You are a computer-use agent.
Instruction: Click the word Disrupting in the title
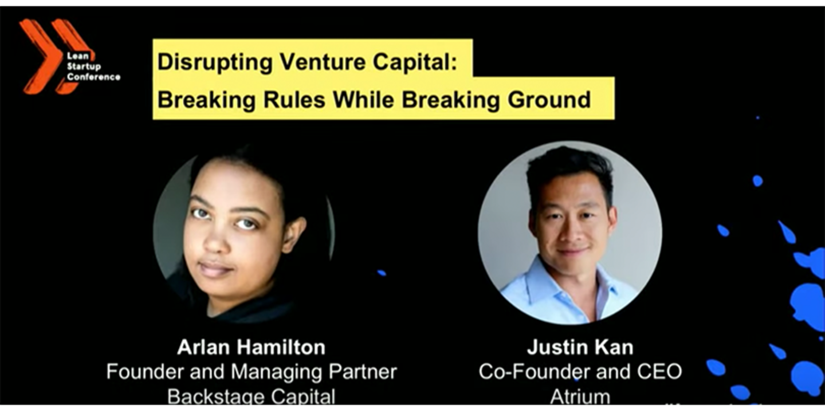215,62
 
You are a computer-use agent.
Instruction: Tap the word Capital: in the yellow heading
415,62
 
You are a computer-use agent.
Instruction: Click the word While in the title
363,100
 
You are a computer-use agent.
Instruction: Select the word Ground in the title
549,100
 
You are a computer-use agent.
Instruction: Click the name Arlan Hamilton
252,347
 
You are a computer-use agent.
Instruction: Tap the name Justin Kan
580,347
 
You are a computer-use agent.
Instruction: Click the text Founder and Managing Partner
252,372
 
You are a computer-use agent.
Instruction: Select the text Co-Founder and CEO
580,372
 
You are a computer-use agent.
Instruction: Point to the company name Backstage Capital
252,397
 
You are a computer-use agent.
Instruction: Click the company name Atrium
580,397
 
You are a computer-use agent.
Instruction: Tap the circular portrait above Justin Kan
569,232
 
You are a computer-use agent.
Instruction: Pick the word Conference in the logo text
93,77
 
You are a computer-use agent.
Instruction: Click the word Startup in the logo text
84,66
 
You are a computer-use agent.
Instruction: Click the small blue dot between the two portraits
382,273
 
